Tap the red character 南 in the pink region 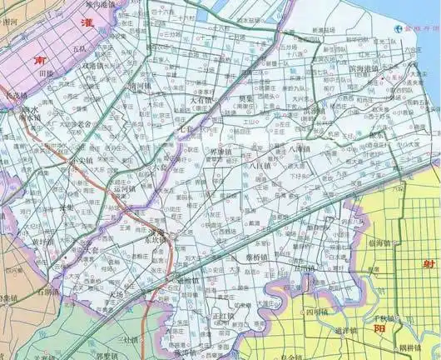[x=38, y=61]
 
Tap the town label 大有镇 [x=202, y=98]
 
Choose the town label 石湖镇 [x=47, y=292]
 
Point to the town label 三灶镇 [x=129, y=340]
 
